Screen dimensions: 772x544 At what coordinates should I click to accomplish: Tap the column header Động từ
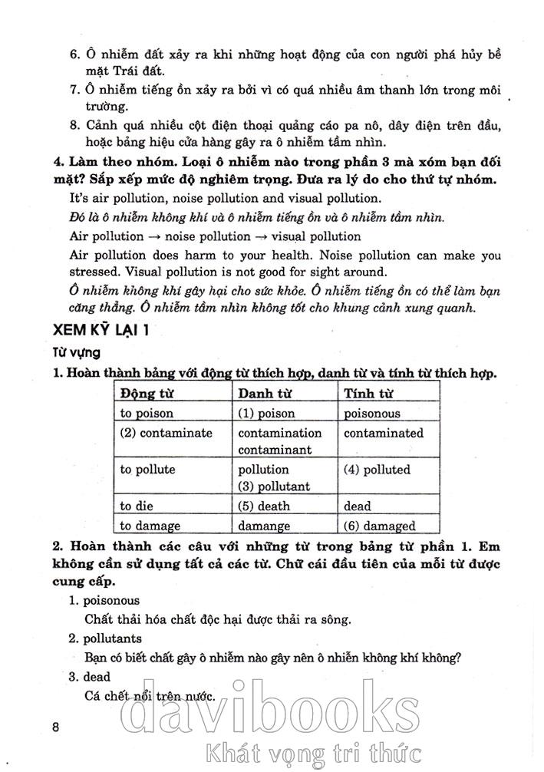click(143, 394)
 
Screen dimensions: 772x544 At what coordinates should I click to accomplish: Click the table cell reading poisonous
click(372, 413)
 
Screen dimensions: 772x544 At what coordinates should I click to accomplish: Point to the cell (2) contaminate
click(166, 433)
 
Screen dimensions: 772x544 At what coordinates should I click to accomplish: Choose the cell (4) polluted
click(378, 470)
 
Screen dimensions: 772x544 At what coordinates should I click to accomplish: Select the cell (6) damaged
click(380, 526)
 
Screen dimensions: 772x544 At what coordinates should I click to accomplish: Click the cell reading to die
click(138, 506)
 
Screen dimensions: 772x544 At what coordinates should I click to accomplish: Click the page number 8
click(54, 727)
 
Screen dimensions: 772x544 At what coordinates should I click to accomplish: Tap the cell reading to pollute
click(148, 470)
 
